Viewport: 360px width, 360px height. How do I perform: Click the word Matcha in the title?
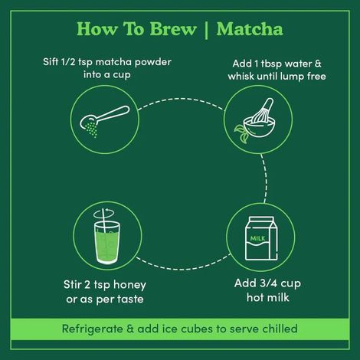tap(249, 29)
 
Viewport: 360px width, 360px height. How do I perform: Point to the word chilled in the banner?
tap(278, 330)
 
